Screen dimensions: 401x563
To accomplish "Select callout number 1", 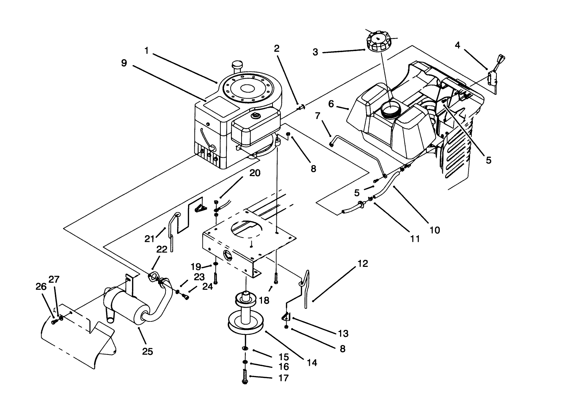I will tap(146, 51).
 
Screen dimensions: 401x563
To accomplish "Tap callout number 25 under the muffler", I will tap(148, 351).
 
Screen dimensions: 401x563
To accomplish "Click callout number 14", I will tap(312, 362).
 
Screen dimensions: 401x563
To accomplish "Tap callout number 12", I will tap(363, 263).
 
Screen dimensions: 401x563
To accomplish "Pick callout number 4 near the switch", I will tap(457, 45).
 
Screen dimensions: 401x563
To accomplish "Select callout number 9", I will tap(124, 63).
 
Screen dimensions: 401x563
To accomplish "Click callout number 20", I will tap(255, 173).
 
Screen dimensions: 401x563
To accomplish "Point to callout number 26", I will tap(41, 287).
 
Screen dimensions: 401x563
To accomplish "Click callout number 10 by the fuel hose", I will tap(435, 230).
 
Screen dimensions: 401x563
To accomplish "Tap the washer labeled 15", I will tap(245, 348).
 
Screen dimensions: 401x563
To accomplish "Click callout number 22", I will tap(162, 249).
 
